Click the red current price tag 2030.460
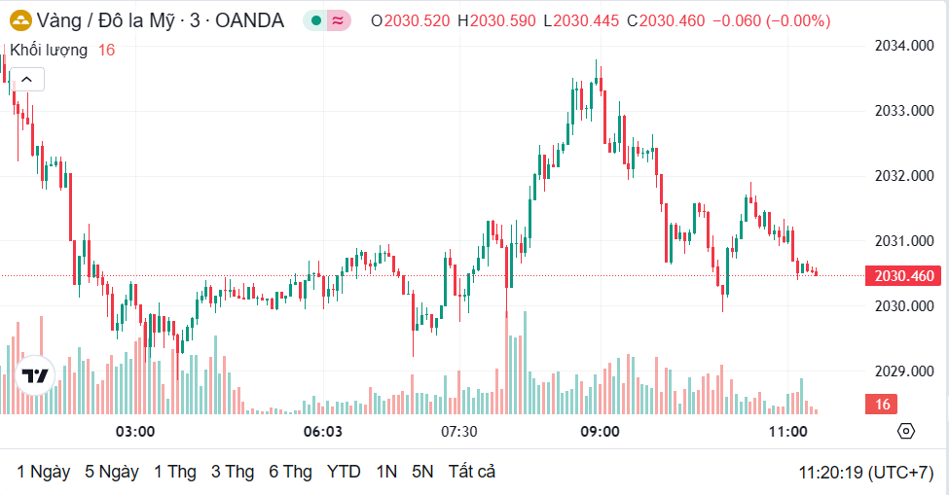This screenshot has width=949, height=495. coord(904,276)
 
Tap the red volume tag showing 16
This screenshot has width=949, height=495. coord(883,405)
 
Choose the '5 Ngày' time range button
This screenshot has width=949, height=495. coord(112,472)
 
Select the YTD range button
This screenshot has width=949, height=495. coord(344,472)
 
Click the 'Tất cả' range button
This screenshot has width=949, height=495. coord(472,472)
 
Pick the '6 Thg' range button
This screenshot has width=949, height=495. coord(290,472)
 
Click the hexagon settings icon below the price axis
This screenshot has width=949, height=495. coord(906,431)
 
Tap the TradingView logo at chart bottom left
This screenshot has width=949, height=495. coord(35,375)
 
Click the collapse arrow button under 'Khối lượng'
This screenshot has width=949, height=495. coord(26,80)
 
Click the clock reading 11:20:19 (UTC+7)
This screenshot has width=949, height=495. coord(866,473)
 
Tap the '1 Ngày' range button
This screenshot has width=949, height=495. coord(44,472)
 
